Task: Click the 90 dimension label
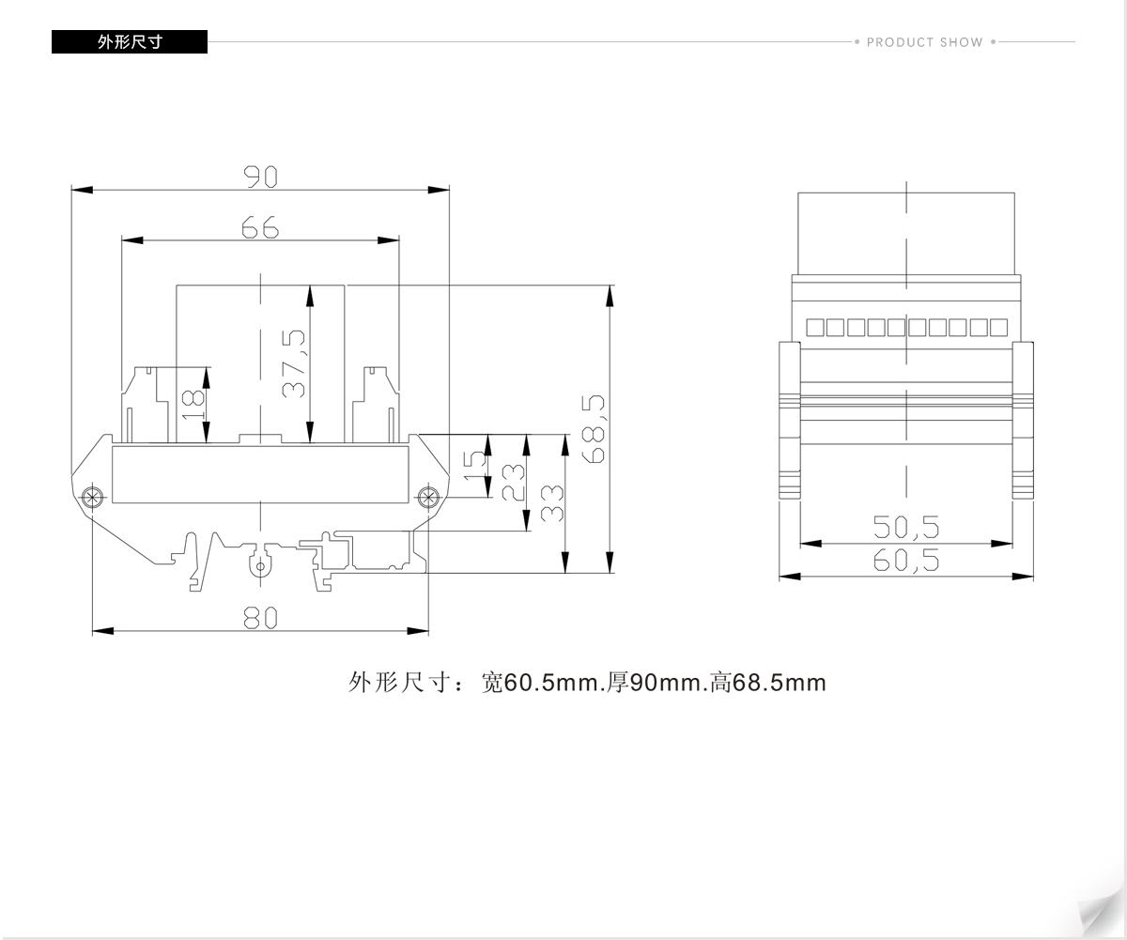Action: click(261, 177)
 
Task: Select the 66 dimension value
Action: click(260, 227)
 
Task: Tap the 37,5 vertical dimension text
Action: click(294, 363)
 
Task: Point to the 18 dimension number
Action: click(193, 405)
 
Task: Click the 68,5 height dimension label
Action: click(594, 429)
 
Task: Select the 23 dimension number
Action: click(513, 482)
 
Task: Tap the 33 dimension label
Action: click(551, 503)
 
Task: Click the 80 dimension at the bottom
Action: click(260, 618)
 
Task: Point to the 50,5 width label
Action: click(906, 527)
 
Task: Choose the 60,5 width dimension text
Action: click(906, 560)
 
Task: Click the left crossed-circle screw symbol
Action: click(92, 497)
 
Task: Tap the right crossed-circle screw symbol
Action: click(428, 497)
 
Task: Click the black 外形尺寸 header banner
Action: click(130, 41)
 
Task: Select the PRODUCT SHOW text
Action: click(924, 42)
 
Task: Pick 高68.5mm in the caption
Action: click(768, 683)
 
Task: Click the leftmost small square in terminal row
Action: click(815, 328)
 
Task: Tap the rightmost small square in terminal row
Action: click(999, 328)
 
